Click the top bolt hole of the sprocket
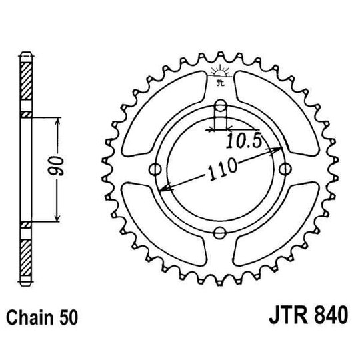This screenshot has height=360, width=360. pos(221,105)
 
